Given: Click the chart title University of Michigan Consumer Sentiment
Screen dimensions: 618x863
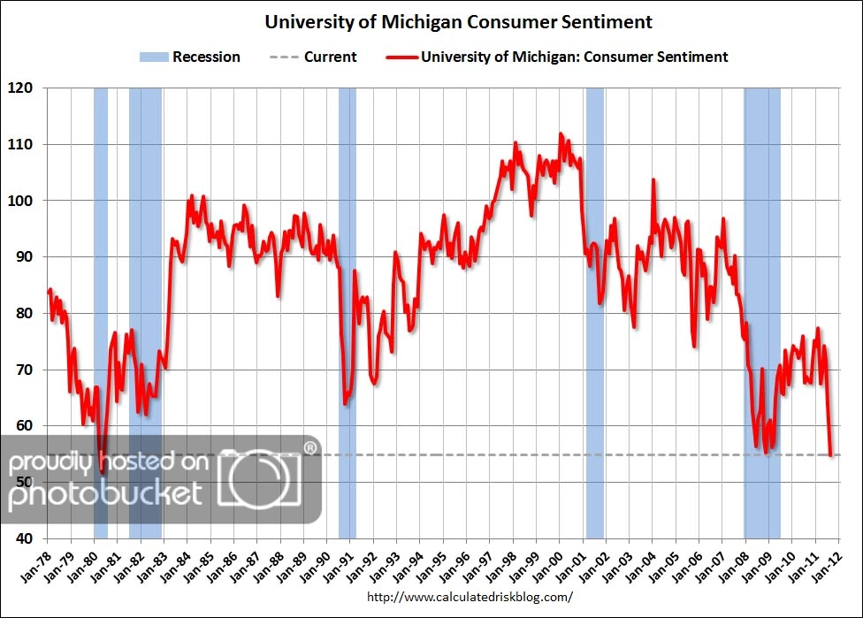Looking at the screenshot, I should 459,22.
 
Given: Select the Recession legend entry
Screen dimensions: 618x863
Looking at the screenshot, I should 189,57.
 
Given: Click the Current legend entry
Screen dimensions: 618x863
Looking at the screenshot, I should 314,57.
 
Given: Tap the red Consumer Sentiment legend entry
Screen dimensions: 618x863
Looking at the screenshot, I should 557,57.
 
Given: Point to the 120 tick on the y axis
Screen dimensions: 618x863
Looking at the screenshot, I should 21,88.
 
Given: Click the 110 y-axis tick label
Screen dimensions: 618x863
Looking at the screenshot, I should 21,144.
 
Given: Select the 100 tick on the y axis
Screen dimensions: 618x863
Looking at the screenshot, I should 21,201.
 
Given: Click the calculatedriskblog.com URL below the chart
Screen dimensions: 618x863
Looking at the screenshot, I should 469,597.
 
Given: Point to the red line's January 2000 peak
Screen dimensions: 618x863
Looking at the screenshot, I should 560,134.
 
